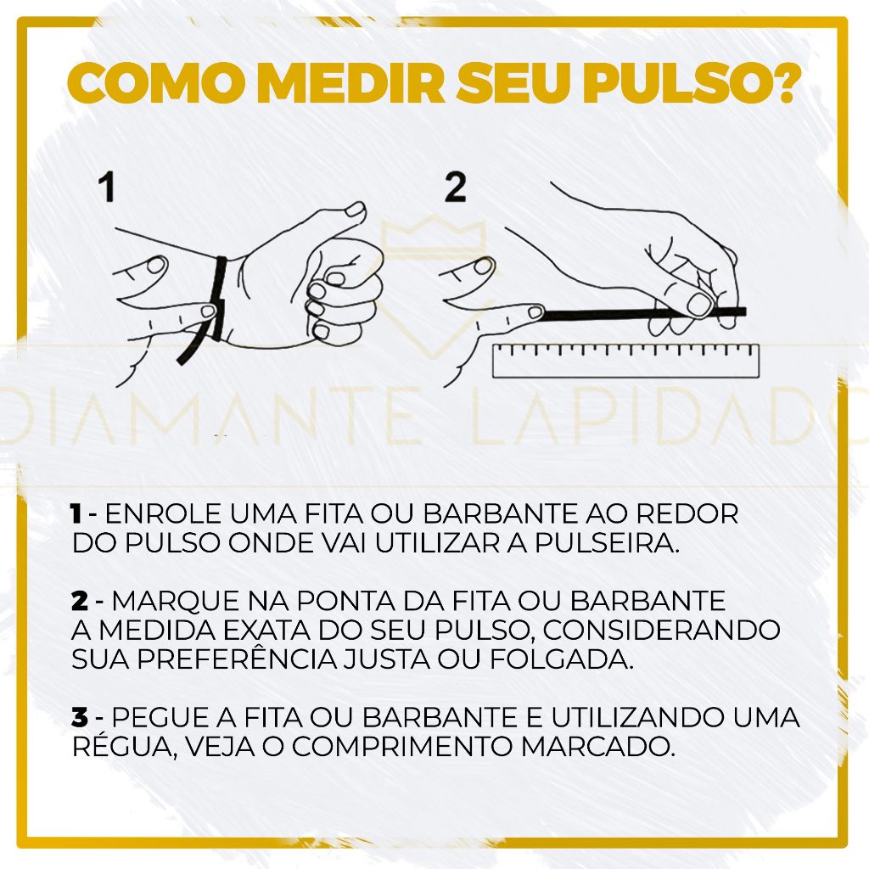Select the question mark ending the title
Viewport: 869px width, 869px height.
[782, 83]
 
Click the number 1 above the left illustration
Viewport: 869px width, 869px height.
[107, 187]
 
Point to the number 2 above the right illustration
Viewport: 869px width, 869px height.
[455, 188]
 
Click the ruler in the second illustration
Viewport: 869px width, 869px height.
[625, 360]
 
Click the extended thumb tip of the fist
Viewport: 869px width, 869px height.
[355, 210]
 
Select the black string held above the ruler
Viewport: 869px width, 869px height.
[643, 315]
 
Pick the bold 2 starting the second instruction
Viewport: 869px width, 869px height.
[79, 601]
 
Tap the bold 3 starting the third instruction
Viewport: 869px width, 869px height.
[79, 717]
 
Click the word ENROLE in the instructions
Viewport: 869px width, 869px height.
[163, 513]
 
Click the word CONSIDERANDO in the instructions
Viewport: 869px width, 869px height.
[662, 630]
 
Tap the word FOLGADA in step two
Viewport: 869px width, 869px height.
[561, 659]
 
